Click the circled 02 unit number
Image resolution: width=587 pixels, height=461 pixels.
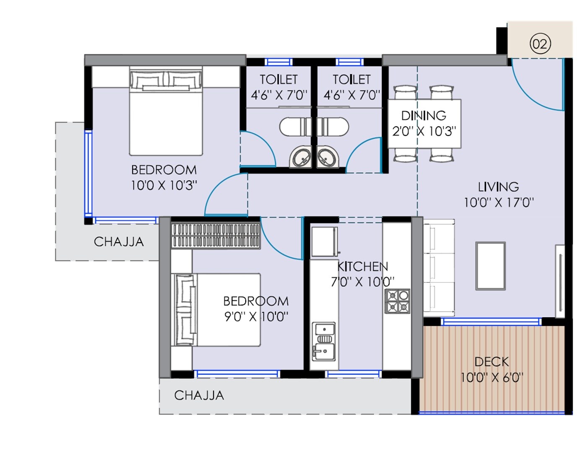[540, 44]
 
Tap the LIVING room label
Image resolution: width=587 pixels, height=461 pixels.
[498, 187]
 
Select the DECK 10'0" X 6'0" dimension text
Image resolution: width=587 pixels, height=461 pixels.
[491, 378]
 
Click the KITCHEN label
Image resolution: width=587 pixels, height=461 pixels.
[363, 267]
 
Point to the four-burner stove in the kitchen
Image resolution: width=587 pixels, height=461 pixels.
[397, 301]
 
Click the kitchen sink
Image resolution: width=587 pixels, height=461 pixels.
[324, 342]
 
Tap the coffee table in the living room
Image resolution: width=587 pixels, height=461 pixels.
[490, 266]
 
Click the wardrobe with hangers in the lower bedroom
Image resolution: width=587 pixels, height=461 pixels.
[216, 235]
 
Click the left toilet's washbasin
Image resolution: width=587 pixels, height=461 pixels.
[301, 158]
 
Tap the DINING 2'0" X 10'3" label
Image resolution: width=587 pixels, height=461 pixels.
[424, 124]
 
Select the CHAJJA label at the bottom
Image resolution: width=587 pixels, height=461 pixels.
[199, 395]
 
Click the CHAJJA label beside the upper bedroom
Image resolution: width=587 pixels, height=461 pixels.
[119, 242]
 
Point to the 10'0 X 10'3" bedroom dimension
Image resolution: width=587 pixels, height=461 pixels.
[164, 185]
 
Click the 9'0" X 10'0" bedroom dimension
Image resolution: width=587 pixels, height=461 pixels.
[256, 316]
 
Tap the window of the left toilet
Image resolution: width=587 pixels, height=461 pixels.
[278, 62]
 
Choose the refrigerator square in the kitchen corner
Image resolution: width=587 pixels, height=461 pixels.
[324, 241]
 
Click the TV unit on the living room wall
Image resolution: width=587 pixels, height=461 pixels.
[560, 281]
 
